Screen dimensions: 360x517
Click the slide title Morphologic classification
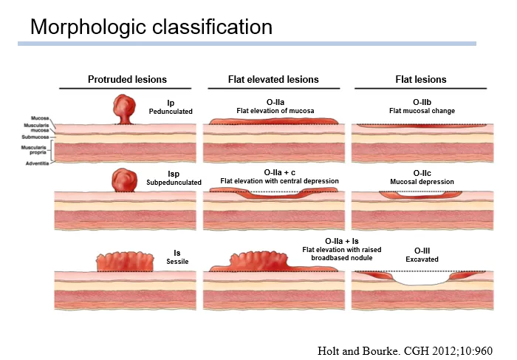151,27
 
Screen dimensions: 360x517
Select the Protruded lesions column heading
127,79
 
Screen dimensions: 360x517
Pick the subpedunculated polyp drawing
123,180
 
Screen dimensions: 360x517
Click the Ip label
171,103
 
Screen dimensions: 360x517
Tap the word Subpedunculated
174,182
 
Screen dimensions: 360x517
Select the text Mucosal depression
422,181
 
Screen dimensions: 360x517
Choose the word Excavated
422,259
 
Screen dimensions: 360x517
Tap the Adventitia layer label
37,163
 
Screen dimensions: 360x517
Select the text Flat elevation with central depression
279,181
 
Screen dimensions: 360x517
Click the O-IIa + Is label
342,241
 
